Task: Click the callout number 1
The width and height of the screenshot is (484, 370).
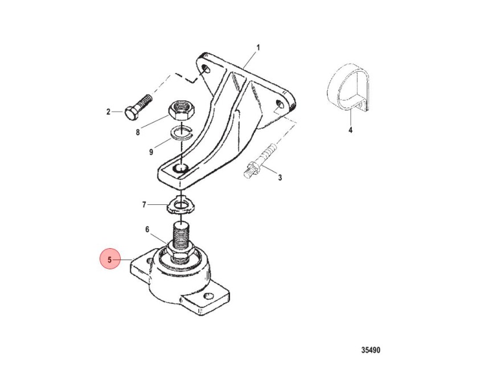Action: [x=258, y=48]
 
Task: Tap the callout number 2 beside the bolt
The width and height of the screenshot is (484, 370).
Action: [x=108, y=112]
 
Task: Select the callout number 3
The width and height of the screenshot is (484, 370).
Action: [x=280, y=178]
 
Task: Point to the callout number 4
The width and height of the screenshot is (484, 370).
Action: [x=350, y=130]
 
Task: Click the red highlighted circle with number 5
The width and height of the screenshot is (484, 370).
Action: [x=109, y=260]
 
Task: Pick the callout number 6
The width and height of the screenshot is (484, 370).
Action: [x=147, y=229]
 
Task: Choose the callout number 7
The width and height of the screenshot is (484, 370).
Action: [x=144, y=204]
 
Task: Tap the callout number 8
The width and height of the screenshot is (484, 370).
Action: [x=138, y=133]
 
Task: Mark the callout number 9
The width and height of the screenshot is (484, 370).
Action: [x=151, y=152]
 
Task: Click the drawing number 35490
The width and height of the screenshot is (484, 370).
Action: [x=371, y=350]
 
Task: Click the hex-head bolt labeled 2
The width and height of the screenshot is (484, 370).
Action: [x=138, y=108]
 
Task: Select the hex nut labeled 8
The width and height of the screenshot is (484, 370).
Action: [x=181, y=111]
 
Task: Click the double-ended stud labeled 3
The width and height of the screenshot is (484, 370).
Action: [x=260, y=162]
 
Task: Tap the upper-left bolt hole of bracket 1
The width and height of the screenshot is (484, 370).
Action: [x=205, y=69]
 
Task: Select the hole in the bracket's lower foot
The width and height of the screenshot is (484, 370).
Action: [x=181, y=168]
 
